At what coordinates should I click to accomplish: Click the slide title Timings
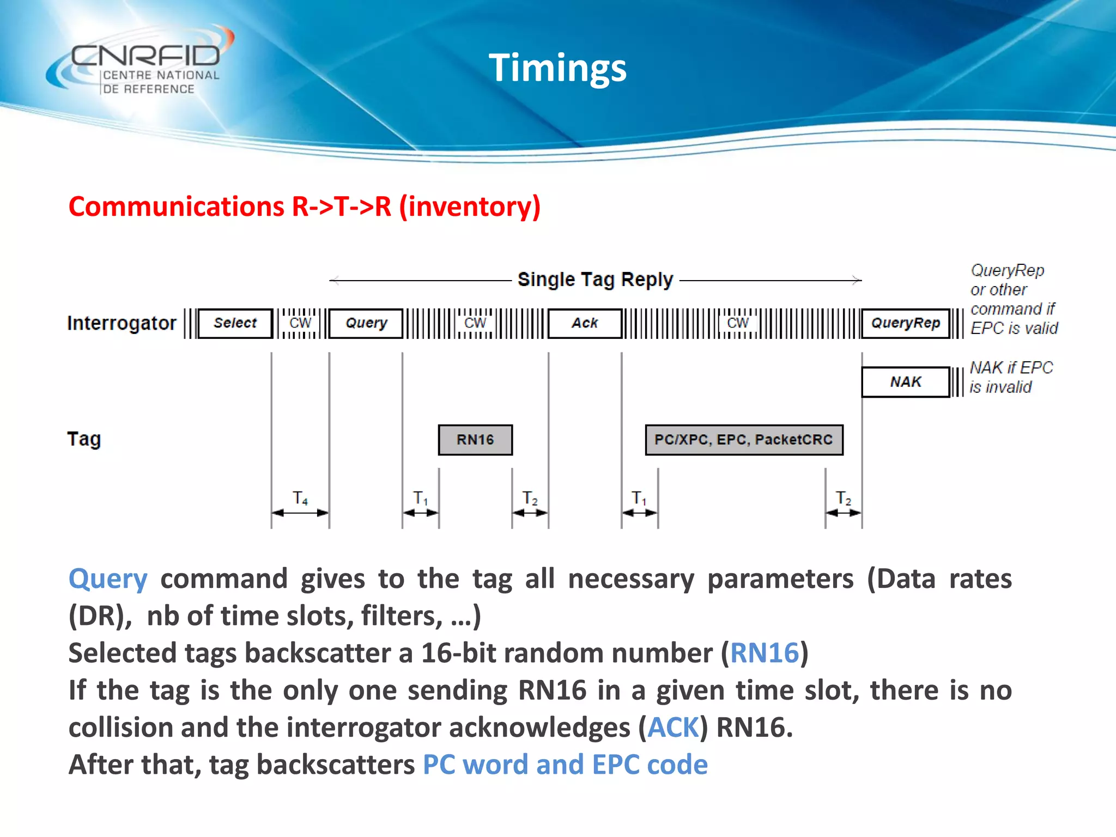coord(557,68)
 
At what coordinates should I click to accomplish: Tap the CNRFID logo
coord(142,63)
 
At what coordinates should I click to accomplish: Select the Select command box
coord(235,323)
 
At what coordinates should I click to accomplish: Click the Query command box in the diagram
coord(366,323)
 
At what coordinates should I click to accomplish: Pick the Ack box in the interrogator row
coord(585,323)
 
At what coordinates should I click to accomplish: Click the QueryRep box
coord(905,323)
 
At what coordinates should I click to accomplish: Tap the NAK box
coord(905,382)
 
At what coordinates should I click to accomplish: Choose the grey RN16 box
coord(475,440)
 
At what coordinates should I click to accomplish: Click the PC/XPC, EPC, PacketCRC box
coord(744,440)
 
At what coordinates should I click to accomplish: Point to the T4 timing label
coord(300,498)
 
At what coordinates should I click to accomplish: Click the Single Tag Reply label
coord(595,280)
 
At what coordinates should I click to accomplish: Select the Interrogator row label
coord(122,323)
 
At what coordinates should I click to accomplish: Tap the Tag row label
coord(84,439)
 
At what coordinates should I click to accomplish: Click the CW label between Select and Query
coord(300,323)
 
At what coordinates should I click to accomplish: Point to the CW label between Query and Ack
coord(475,323)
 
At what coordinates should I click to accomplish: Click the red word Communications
coord(176,207)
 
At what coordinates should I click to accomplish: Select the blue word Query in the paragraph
coord(108,579)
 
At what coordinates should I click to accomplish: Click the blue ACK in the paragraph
coord(673,727)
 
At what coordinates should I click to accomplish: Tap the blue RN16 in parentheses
coord(765,653)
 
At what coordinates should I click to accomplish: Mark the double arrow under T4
coord(300,513)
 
